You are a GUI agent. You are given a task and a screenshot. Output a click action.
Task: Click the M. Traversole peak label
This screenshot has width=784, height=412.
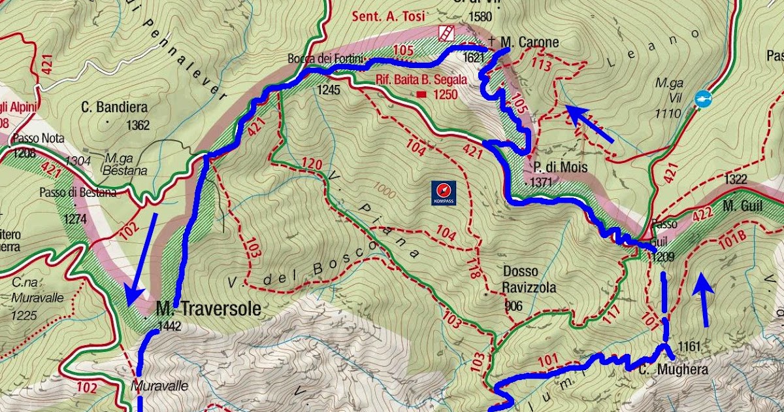[208, 309]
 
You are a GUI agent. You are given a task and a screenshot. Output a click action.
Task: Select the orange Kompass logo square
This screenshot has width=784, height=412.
[442, 190]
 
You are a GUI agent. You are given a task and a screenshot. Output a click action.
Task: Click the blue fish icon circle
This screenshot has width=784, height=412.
[702, 99]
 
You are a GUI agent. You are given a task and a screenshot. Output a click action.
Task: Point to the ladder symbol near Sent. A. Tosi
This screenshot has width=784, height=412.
[447, 33]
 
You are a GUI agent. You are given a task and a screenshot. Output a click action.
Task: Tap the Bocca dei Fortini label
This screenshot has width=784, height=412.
[325, 59]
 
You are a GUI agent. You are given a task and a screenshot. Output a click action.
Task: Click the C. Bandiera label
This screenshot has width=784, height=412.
[114, 107]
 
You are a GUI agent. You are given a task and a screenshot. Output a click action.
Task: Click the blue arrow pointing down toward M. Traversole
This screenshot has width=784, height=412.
[142, 258]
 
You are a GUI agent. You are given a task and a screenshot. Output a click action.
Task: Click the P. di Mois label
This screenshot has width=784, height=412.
[559, 167]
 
